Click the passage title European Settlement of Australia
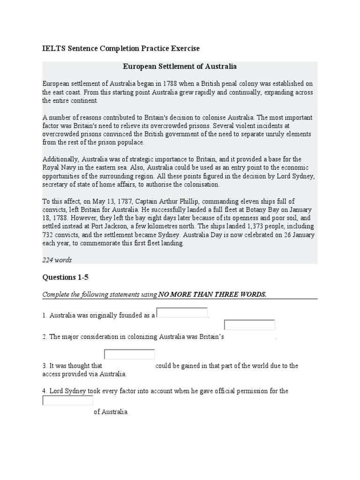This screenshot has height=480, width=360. point(180,67)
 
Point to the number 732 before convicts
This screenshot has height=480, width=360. point(49,235)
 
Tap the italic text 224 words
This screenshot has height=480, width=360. point(57,260)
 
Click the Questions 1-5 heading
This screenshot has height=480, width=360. point(65,277)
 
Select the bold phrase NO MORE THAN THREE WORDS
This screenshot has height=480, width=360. point(212,294)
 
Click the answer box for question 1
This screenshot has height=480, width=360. point(182,313)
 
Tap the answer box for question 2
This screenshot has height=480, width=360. point(249,325)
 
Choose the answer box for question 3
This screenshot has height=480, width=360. point(129,354)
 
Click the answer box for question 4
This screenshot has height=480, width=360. point(68,400)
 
